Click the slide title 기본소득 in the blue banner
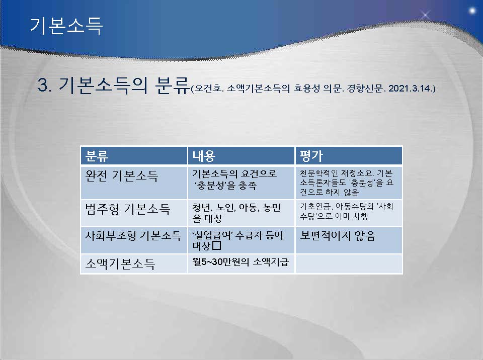pos(66,25)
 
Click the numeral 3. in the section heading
pos(45,84)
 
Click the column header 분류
pos(97,156)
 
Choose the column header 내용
pos(204,156)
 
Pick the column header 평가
pos(311,156)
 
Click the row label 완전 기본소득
pos(122,176)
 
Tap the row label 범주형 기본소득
pos(127,209)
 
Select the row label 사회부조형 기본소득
pos(133,236)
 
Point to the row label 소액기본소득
pos(120,263)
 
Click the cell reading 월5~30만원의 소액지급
pos(240,262)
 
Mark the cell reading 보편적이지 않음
pos(338,236)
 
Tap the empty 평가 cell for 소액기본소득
pos(349,264)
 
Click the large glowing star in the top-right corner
pos(472,11)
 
